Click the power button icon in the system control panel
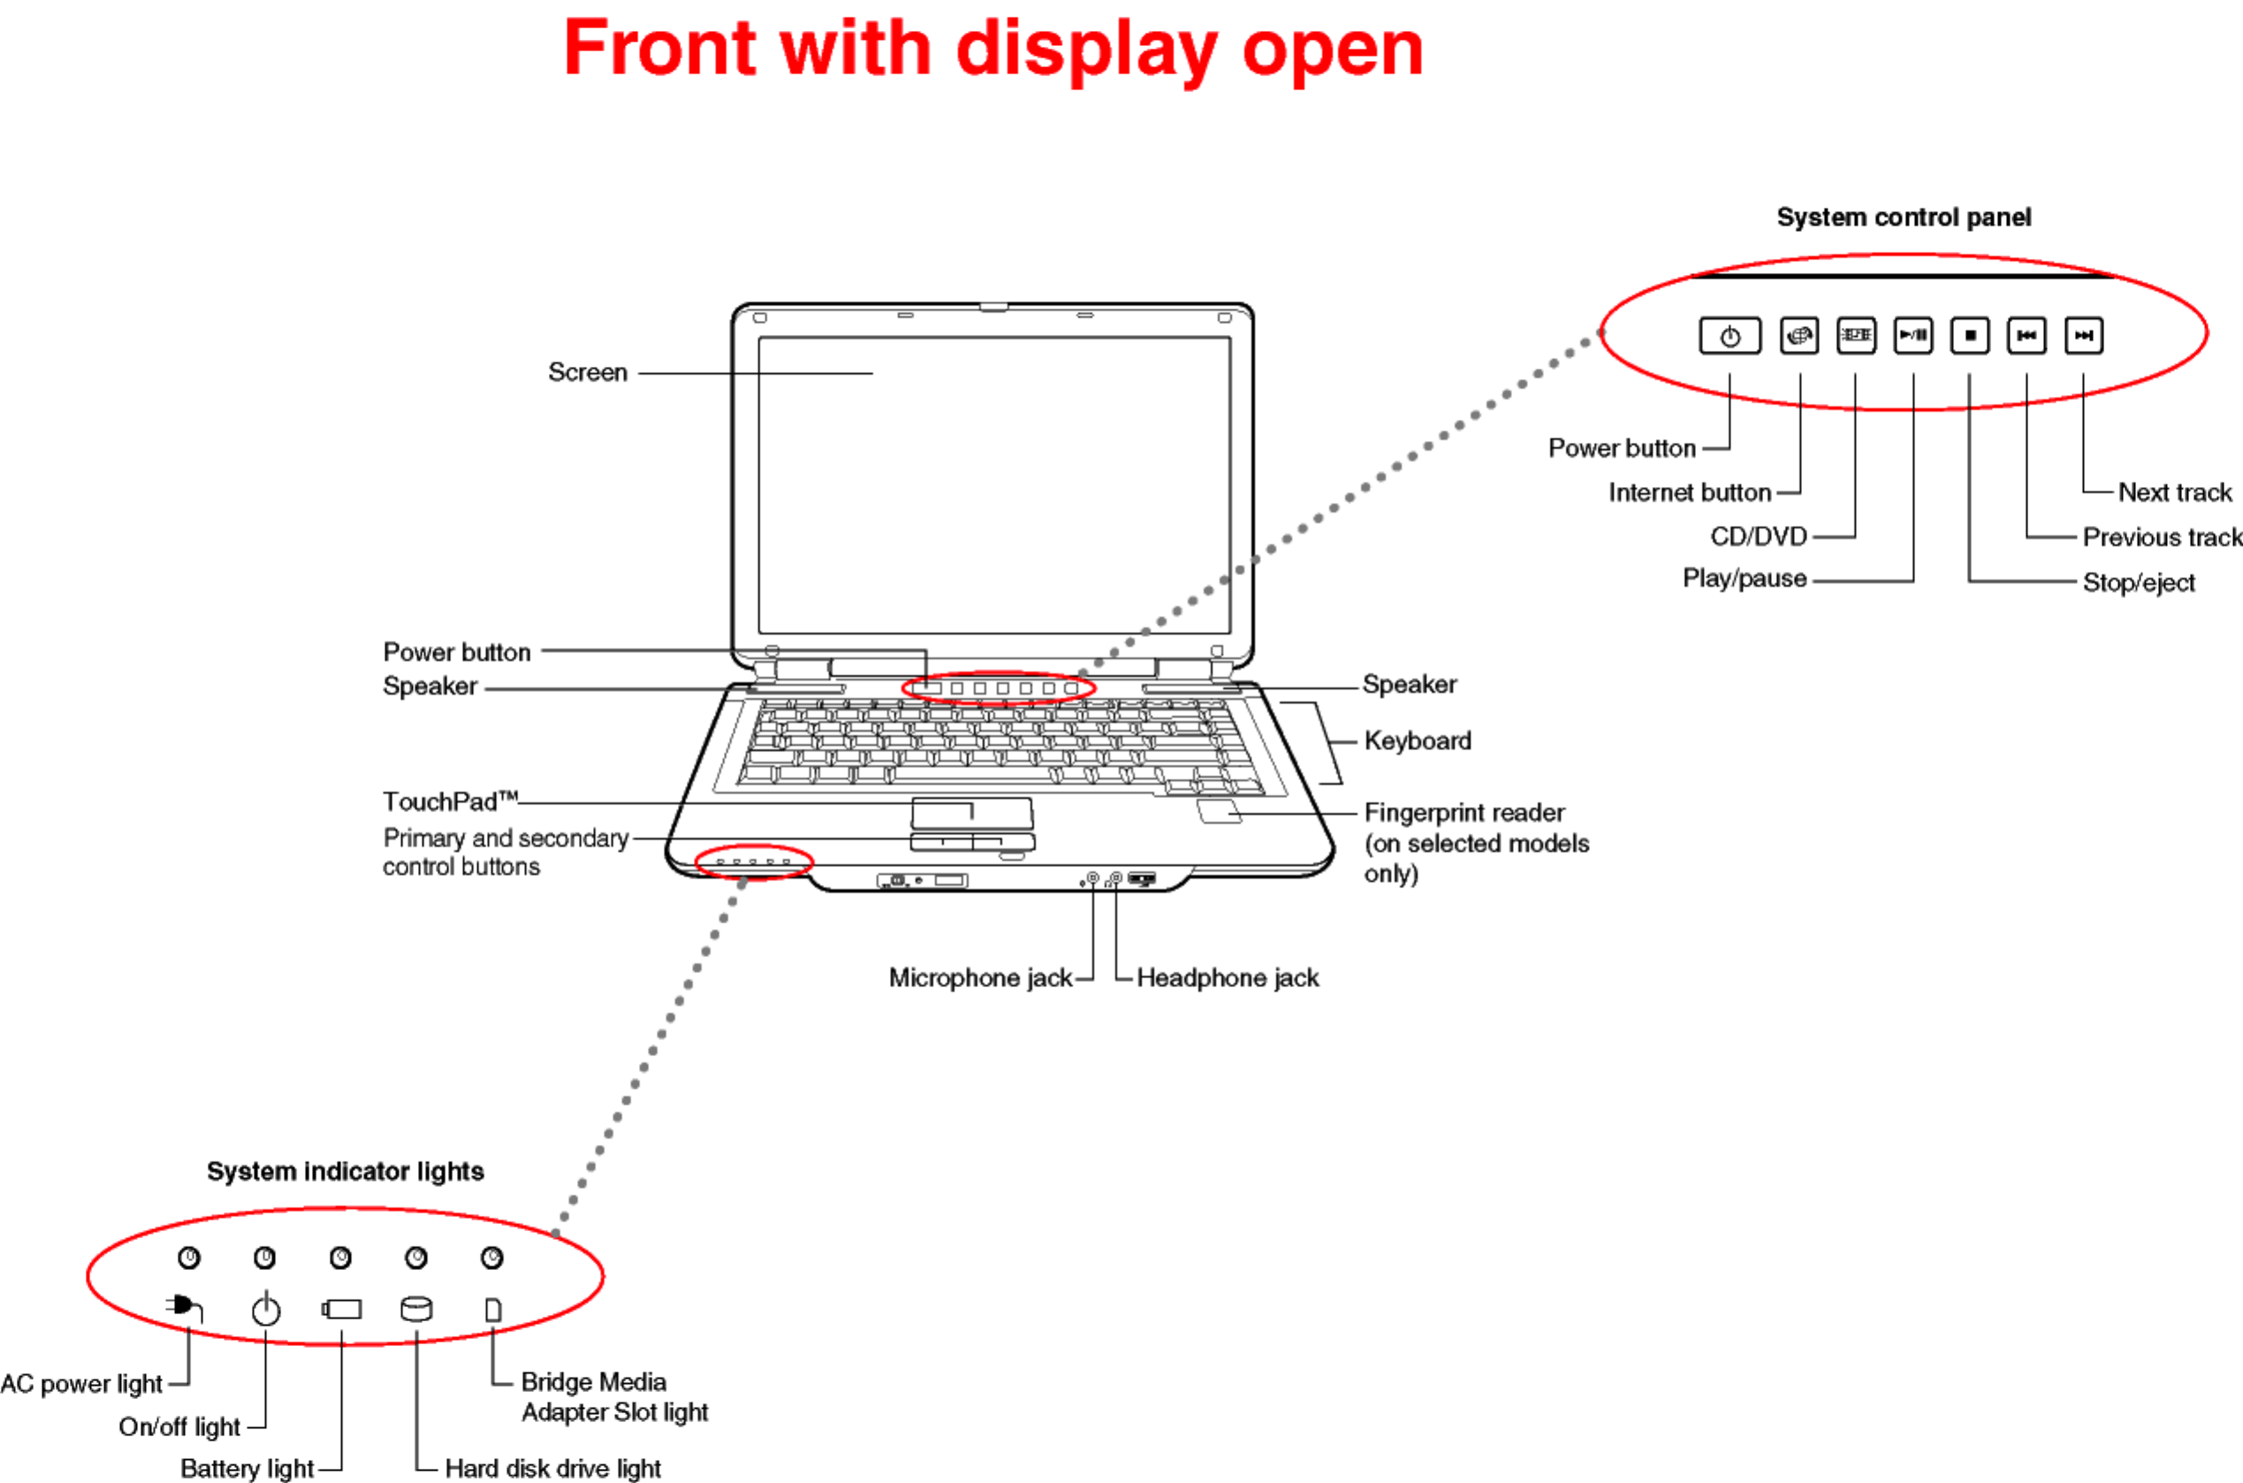pyautogui.click(x=1730, y=336)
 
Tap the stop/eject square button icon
pyautogui.click(x=1970, y=336)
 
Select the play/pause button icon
pyautogui.click(x=1913, y=336)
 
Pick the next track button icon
pyautogui.click(x=2083, y=336)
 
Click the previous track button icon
pyautogui.click(x=2026, y=336)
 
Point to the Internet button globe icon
pyautogui.click(x=1799, y=336)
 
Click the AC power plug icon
pyautogui.click(x=184, y=1308)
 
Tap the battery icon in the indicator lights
pyautogui.click(x=341, y=1309)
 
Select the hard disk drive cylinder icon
pyautogui.click(x=416, y=1309)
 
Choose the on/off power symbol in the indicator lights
pyautogui.click(x=266, y=1310)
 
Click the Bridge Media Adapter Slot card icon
pyautogui.click(x=492, y=1310)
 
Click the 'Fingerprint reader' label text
pyautogui.click(x=1464, y=813)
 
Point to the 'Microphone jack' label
pyautogui.click(x=980, y=978)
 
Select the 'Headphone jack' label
pyautogui.click(x=1228, y=978)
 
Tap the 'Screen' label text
pyautogui.click(x=587, y=373)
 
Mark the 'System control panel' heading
pyautogui.click(x=1904, y=217)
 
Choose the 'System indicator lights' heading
pyautogui.click(x=346, y=1172)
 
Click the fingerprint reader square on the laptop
pyautogui.click(x=1218, y=810)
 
